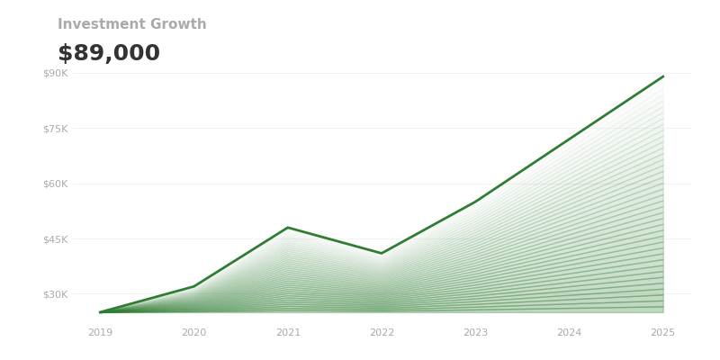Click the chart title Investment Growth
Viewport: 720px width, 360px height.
[131, 24]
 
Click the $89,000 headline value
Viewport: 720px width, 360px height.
[109, 54]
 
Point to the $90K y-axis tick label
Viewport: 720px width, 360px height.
[55, 73]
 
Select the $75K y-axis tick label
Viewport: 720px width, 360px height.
[55, 129]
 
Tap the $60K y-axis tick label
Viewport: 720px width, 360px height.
[55, 184]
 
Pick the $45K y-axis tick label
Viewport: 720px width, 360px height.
[55, 239]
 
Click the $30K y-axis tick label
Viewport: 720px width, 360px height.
[55, 294]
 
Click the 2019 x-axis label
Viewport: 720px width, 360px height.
[100, 333]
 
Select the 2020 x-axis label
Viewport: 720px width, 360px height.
[193, 333]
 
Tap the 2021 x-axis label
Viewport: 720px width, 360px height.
[288, 333]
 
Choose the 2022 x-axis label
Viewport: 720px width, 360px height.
[382, 333]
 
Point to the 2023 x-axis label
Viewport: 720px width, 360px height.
[475, 333]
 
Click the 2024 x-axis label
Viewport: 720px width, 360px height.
[569, 333]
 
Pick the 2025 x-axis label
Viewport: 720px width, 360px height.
[663, 333]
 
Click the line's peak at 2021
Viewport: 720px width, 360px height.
[288, 228]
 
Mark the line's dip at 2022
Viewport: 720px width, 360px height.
[382, 253]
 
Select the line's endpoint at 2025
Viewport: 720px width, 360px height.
[663, 76]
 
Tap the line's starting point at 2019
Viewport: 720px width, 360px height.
[100, 312]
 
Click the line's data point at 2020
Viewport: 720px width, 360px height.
[193, 287]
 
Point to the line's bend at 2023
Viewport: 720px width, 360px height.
[475, 202]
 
